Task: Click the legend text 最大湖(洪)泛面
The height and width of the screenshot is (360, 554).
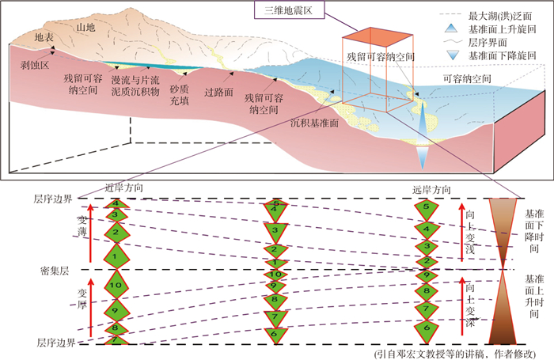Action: point(501,15)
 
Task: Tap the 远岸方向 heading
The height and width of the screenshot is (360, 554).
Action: point(431,190)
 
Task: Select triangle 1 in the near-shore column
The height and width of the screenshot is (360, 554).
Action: point(115,256)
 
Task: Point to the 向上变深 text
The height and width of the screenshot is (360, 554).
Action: point(474,305)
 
